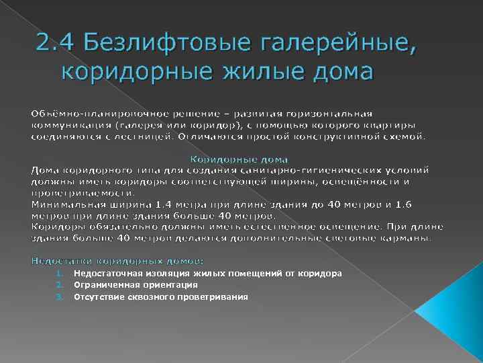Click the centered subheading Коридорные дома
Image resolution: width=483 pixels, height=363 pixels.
click(x=239, y=159)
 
